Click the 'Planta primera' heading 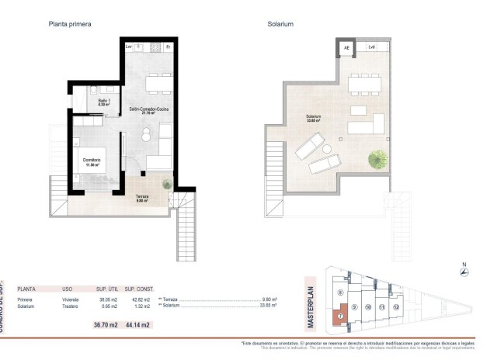70,24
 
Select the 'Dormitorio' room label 93,161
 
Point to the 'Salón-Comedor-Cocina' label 149,110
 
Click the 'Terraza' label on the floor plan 144,198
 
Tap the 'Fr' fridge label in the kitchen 169,47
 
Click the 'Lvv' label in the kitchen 128,47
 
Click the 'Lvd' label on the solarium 372,48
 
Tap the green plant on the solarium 378,159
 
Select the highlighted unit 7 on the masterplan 339,317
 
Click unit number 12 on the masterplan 396,307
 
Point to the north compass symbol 464,271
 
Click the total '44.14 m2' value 137,324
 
